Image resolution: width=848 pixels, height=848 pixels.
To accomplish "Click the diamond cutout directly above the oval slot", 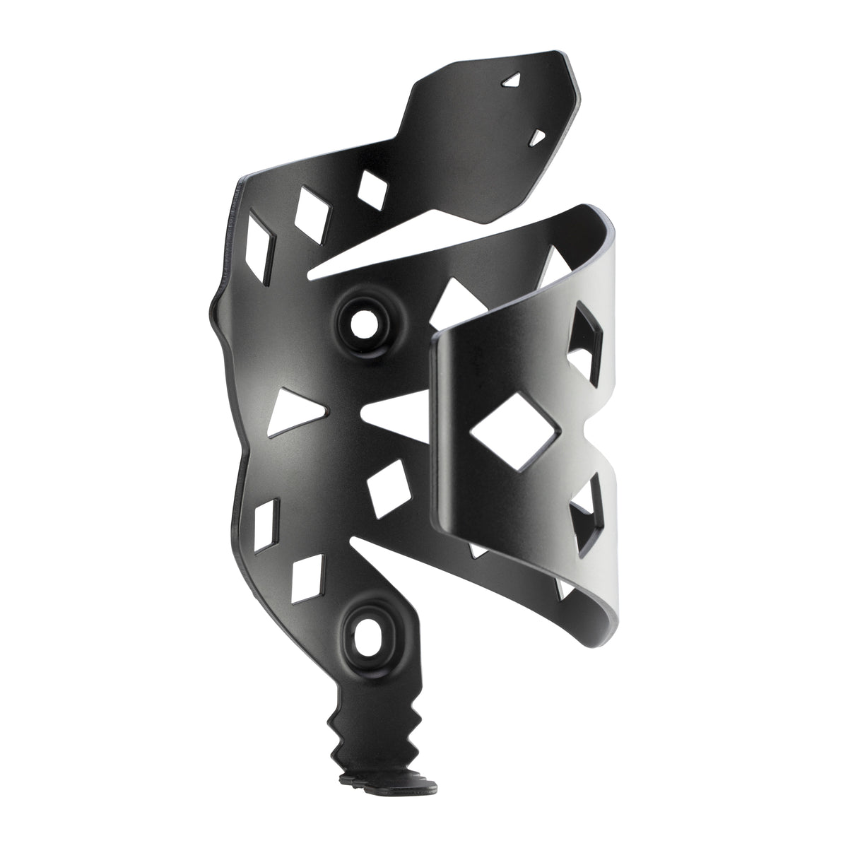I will tap(308, 577).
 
